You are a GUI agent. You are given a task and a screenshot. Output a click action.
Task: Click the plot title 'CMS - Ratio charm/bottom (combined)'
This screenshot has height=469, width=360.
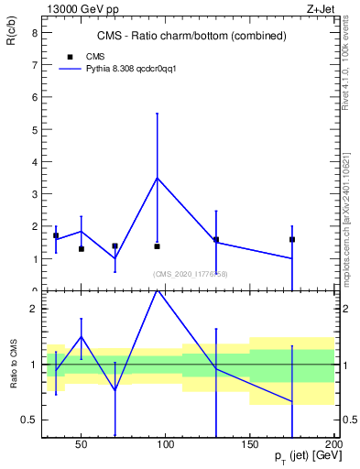pyautogui.click(x=191, y=36)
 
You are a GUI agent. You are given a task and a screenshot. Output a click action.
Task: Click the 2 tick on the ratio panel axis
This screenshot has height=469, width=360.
pyautogui.click(x=33, y=309)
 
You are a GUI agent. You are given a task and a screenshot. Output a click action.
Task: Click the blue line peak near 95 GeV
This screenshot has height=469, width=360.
pyautogui.click(x=158, y=178)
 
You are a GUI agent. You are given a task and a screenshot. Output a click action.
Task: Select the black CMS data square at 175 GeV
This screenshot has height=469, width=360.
pyautogui.click(x=292, y=239)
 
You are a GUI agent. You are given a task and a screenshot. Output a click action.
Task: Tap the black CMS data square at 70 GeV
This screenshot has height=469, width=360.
pyautogui.click(x=115, y=245)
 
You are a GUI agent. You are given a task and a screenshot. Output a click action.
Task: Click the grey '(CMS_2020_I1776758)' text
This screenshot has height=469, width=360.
pyautogui.click(x=191, y=273)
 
